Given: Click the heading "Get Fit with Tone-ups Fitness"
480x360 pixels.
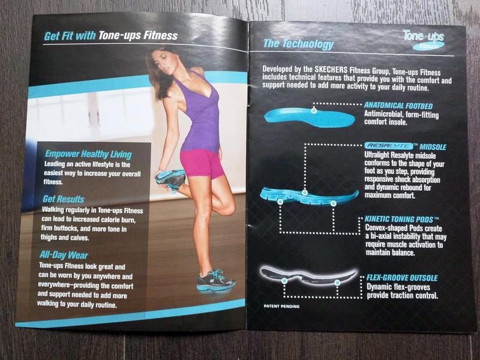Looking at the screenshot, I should [x=110, y=35].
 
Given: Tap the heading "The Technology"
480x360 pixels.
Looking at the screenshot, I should [x=298, y=44].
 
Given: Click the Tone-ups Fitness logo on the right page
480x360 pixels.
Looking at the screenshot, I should [x=424, y=39].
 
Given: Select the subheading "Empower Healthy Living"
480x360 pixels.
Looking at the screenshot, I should [x=88, y=155].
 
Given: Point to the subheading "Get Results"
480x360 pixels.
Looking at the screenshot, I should [x=64, y=199].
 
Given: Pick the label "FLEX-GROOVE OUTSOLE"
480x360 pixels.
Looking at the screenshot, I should [x=402, y=278].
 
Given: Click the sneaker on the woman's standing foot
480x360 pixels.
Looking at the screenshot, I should [x=215, y=280].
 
